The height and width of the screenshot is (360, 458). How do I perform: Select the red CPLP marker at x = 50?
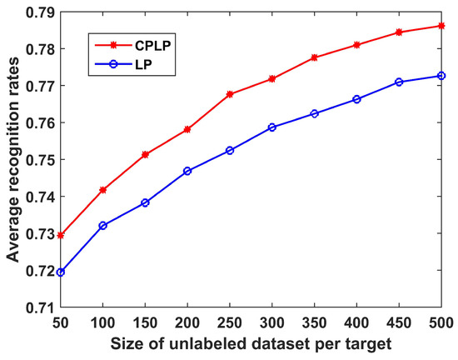pyautogui.click(x=61, y=236)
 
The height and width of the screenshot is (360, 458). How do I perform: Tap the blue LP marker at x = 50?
pyautogui.click(x=61, y=272)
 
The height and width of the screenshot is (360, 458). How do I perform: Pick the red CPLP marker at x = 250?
pyautogui.click(x=230, y=94)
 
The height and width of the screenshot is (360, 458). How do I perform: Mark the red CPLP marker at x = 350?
pyautogui.click(x=315, y=57)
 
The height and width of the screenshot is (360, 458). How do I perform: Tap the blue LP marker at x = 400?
pyautogui.click(x=356, y=99)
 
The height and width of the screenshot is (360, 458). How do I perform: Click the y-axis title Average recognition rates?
pyautogui.click(x=14, y=160)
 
